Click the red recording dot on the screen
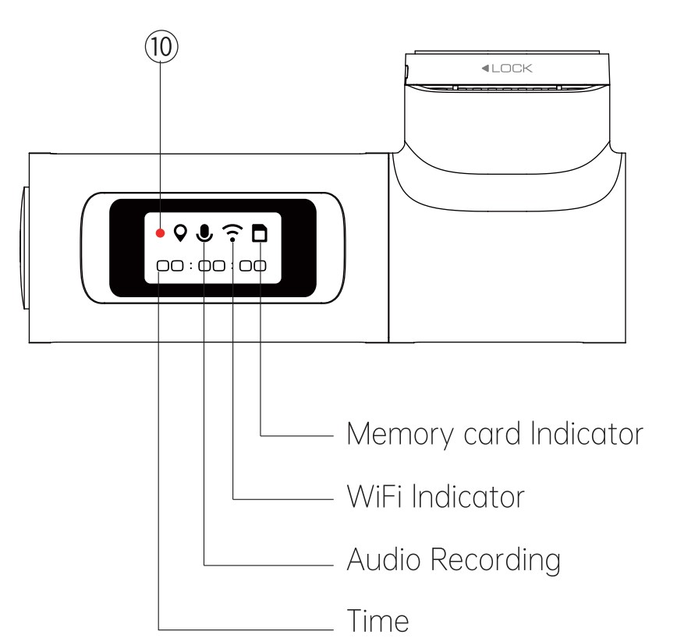pos(160,232)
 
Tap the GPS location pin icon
pos(181,232)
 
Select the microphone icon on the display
pos(205,232)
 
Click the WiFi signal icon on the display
pos(232,232)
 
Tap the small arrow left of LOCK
pos(486,69)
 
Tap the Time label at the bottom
pos(377,621)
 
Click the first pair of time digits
pos(166,265)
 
